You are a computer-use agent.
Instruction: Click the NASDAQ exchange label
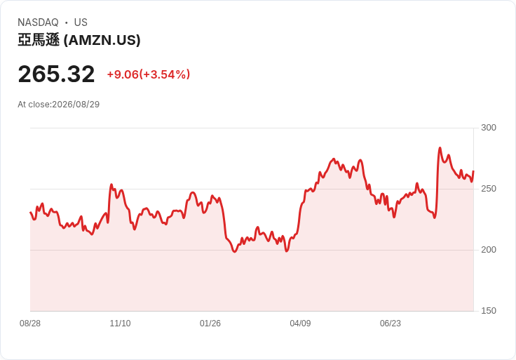(x=38, y=22)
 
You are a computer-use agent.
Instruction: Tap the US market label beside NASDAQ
(x=81, y=22)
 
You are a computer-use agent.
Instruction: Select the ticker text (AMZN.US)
(x=102, y=40)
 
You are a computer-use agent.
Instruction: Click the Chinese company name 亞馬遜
(x=39, y=40)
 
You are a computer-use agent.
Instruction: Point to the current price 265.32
(x=56, y=74)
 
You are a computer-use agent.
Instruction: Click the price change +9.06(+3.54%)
(x=149, y=74)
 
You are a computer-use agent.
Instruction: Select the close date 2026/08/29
(x=76, y=105)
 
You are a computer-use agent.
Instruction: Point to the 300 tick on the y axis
(x=489, y=128)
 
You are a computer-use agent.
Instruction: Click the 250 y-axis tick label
(x=489, y=189)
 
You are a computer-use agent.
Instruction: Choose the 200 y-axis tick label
(x=489, y=250)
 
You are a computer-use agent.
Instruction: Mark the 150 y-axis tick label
(x=489, y=311)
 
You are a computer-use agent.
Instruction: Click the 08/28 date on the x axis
(x=30, y=324)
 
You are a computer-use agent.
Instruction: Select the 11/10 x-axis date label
(x=120, y=324)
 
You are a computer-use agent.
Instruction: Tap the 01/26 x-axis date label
(x=210, y=324)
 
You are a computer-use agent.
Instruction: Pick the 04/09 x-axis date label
(x=300, y=324)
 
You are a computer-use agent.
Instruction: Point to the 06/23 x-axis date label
(x=391, y=324)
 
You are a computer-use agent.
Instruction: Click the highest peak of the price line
(x=440, y=148)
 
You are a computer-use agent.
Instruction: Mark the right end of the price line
(x=473, y=171)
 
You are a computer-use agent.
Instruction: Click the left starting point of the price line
(x=30, y=212)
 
